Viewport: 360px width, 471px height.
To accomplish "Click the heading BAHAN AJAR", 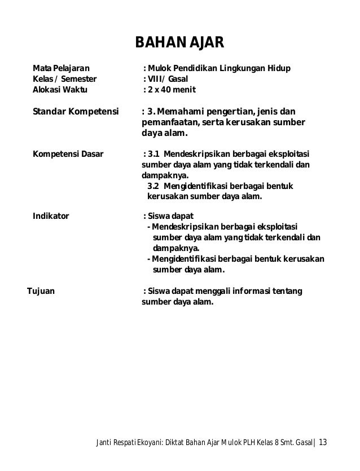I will click(179, 43).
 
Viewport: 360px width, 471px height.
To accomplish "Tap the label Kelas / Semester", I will click(64, 79).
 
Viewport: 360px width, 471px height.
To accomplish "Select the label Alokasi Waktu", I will click(60, 89).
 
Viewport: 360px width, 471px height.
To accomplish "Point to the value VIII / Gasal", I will click(169, 79).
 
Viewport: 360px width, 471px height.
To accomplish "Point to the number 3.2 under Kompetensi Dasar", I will click(153, 187).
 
